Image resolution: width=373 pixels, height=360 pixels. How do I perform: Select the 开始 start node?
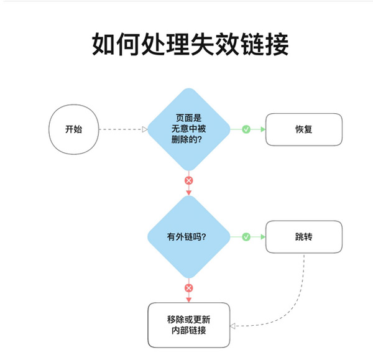coord(73,129)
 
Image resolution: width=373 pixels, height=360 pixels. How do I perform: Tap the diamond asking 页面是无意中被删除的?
coord(189,129)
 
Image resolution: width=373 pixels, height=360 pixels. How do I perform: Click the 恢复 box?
coord(303,129)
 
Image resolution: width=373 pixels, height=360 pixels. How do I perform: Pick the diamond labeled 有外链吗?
coord(189,237)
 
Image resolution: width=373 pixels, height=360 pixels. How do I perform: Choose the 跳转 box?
coord(303,237)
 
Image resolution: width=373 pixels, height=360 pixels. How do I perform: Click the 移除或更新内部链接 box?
coord(189,325)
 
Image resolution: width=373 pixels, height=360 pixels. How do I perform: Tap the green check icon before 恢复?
coord(246,129)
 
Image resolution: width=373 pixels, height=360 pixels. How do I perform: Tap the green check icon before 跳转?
coord(246,237)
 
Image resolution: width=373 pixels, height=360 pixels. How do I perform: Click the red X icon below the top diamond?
coord(189,180)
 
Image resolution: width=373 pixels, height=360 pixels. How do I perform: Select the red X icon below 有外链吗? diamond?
coord(189,288)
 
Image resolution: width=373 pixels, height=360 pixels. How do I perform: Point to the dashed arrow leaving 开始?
coord(121,129)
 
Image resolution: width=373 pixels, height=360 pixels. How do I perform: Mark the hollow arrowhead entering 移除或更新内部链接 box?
coord(233,325)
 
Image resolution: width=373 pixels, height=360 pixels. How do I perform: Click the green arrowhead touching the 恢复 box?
coord(262,129)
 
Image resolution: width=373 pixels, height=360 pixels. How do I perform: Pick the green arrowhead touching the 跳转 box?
coord(262,237)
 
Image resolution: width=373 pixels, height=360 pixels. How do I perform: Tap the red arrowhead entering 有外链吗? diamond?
coord(189,193)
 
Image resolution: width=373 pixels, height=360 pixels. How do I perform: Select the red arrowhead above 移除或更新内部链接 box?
coord(189,299)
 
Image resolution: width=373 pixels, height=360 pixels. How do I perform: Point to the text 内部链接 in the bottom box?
coord(189,331)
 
